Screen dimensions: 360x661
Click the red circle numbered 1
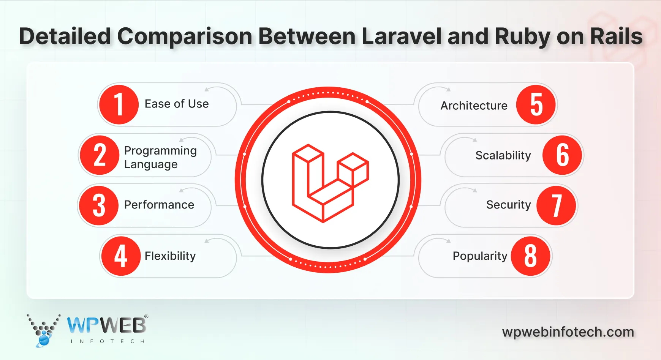coord(119,104)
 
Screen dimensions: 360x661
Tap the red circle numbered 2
coord(100,155)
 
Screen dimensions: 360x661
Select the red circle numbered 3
coord(99,205)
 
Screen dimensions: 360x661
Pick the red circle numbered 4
coord(121,256)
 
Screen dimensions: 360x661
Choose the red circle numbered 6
coord(562,155)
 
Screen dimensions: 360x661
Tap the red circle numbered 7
coord(556,205)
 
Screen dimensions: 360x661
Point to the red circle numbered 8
coord(530,256)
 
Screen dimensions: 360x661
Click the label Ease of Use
coord(177,104)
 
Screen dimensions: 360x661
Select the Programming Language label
coord(160,157)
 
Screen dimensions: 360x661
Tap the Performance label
coord(159,205)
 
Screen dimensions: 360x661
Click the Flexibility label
coord(170,256)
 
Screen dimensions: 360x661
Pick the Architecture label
coord(474,106)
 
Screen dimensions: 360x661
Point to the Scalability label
coord(503,155)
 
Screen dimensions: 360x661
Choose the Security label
coord(508,205)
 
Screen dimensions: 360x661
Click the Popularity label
coord(480,256)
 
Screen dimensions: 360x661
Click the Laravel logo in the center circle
coord(330,183)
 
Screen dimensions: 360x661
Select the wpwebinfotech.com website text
coord(568,332)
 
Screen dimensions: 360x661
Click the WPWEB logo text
coord(107,325)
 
